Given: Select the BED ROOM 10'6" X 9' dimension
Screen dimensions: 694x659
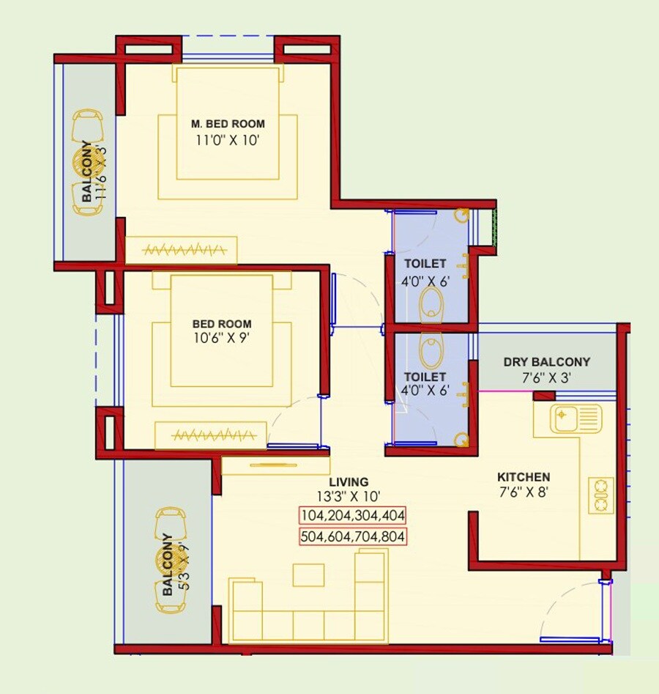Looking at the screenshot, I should click(x=221, y=339).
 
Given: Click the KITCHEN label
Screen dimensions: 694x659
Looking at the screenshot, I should click(x=525, y=476).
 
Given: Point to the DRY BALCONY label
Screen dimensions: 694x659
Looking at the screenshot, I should click(x=546, y=362).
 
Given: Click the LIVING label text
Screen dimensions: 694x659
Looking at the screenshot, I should click(x=348, y=481).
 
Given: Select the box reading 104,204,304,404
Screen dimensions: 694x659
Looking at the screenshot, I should click(x=352, y=515).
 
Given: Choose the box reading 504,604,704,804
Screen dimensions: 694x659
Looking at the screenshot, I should click(x=352, y=537).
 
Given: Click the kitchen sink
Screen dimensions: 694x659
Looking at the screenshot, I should click(x=576, y=419).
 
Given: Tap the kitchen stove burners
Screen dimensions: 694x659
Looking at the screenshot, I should click(x=601, y=495).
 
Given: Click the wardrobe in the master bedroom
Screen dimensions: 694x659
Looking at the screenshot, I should click(x=181, y=250).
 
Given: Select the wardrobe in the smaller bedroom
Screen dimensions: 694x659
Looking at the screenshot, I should click(x=210, y=435).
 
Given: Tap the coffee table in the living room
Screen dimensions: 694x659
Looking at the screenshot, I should click(x=308, y=575).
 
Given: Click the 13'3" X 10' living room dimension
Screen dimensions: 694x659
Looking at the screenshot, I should click(x=348, y=497).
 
